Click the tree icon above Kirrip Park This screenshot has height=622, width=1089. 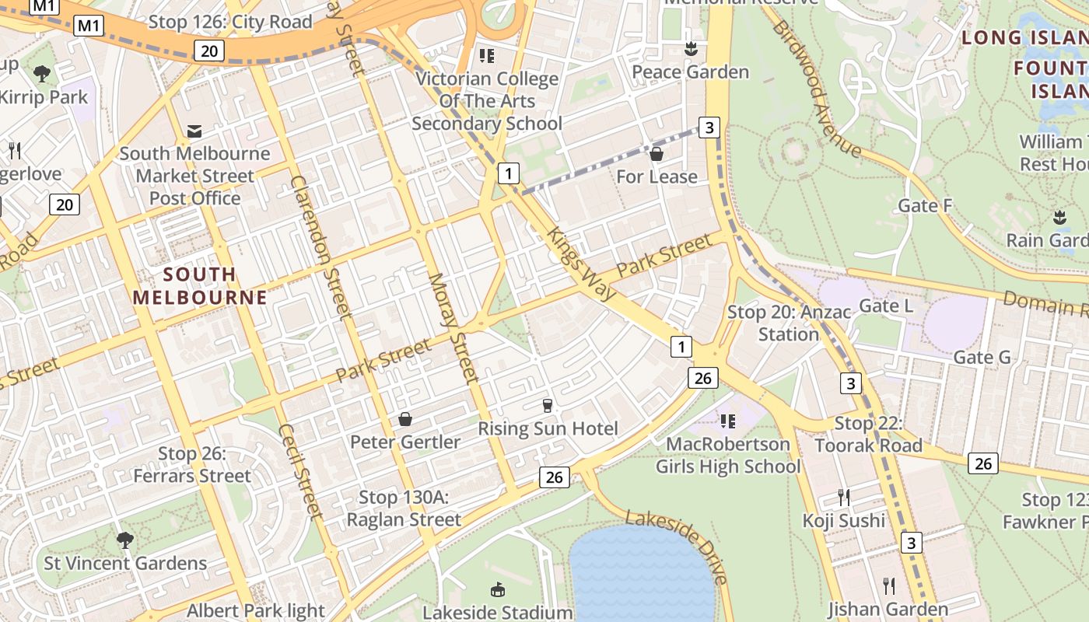(x=42, y=74)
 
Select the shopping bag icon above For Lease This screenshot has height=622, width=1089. (x=657, y=154)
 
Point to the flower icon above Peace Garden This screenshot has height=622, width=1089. (x=690, y=50)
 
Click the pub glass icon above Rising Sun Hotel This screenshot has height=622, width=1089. (x=547, y=405)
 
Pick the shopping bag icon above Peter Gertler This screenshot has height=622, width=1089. (x=404, y=420)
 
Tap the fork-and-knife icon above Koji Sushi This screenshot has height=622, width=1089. (x=843, y=497)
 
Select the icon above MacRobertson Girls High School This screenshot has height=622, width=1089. (x=727, y=421)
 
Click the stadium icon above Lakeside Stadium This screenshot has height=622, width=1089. (x=497, y=590)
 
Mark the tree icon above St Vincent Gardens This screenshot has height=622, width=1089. (x=124, y=540)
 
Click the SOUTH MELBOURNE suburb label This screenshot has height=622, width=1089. (x=200, y=285)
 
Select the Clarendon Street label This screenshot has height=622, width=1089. (x=321, y=247)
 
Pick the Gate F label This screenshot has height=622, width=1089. (x=925, y=205)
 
